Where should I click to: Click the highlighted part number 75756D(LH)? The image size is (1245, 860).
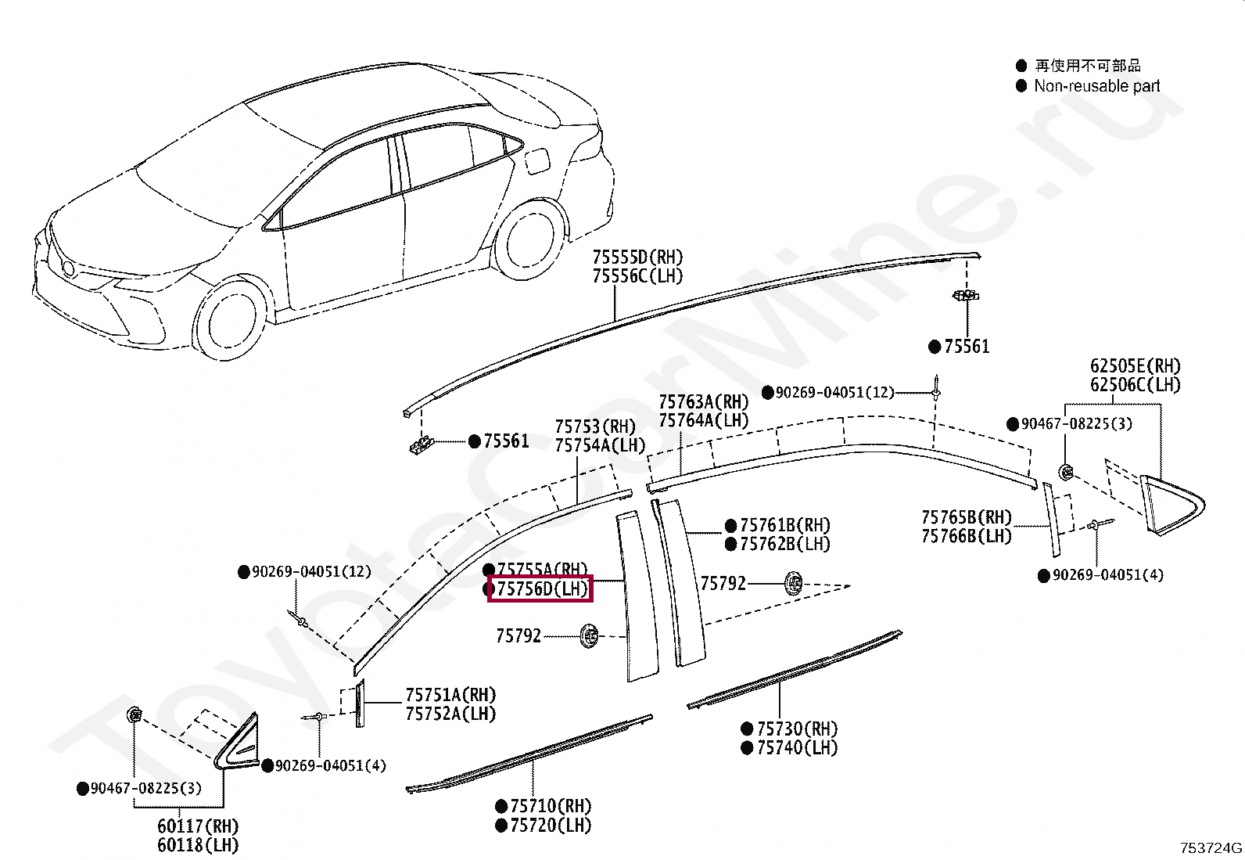[540, 588]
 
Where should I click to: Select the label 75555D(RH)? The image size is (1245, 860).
[637, 257]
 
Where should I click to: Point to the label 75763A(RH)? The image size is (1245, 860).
[703, 401]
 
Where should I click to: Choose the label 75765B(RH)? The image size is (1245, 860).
[966, 517]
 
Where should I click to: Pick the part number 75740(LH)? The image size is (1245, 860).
[796, 747]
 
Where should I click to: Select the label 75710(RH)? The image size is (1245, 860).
[551, 806]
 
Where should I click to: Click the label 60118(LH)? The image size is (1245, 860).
[198, 845]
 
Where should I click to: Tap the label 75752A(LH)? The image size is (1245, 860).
[450, 714]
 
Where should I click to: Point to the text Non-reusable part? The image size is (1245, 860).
[1096, 86]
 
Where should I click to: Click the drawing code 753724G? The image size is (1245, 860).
[1211, 847]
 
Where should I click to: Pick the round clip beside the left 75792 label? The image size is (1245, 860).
[590, 635]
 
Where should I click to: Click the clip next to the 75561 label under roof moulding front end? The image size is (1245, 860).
[422, 445]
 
